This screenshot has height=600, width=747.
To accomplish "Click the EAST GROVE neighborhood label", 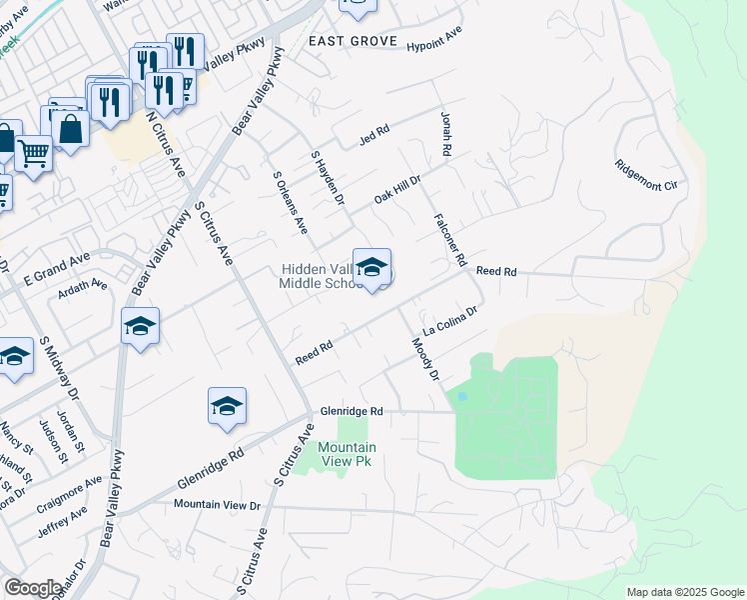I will [x=353, y=42].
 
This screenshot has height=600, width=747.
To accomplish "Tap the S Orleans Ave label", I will [x=290, y=202].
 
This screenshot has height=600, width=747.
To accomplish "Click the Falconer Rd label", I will [x=450, y=240].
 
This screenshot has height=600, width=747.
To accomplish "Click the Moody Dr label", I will [x=425, y=359].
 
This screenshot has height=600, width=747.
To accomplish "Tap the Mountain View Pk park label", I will [x=348, y=455].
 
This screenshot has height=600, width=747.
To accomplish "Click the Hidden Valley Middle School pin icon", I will [x=372, y=268].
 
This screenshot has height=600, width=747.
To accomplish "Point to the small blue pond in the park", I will [x=461, y=397].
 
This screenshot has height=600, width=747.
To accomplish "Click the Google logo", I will [x=32, y=588].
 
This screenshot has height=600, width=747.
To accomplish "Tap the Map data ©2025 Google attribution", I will [x=684, y=592].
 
